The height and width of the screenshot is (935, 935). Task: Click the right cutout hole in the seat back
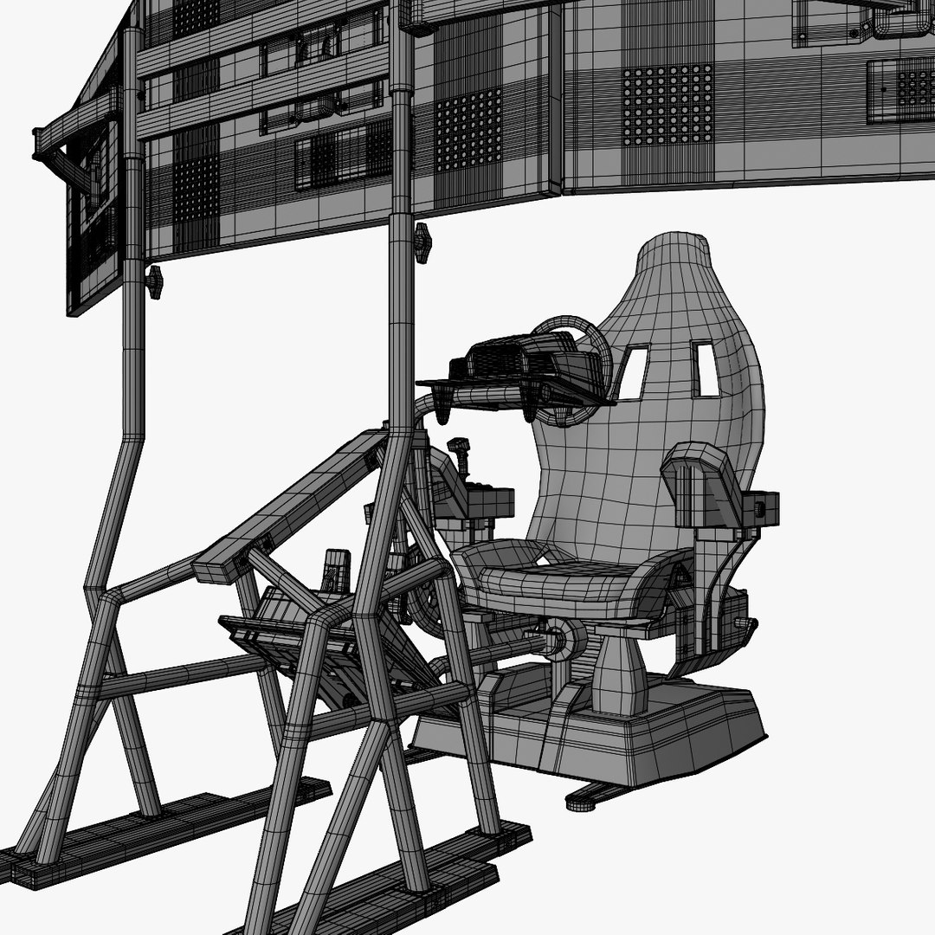[705, 368]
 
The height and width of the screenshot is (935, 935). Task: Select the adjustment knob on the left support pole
[154, 281]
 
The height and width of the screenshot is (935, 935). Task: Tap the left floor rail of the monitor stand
[173, 831]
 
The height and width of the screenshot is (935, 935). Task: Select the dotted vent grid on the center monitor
[667, 105]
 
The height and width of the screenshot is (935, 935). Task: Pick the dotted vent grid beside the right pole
[467, 130]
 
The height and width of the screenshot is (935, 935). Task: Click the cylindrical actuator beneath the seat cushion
[563, 641]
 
